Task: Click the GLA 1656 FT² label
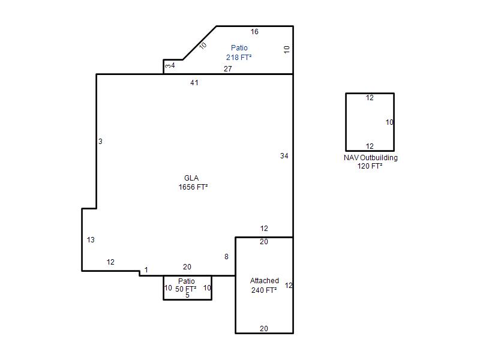[193, 182]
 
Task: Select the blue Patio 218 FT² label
[239, 52]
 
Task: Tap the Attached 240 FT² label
[264, 286]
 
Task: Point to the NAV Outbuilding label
[370, 158]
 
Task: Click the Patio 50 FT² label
[186, 285]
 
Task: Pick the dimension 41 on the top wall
[194, 83]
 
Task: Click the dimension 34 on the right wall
[284, 156]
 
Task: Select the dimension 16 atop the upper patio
[254, 32]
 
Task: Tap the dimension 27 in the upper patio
[228, 69]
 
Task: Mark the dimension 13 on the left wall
[91, 239]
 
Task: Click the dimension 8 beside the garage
[226, 257]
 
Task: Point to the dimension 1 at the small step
[146, 269]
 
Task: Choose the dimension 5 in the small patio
[187, 295]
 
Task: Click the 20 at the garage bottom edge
[264, 328]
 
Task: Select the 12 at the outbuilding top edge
[370, 98]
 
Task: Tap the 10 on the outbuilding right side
[389, 122]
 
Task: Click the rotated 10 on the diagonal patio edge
[203, 46]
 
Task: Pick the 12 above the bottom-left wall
[110, 262]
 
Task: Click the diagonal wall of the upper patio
[200, 43]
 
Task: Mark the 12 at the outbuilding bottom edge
[370, 146]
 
